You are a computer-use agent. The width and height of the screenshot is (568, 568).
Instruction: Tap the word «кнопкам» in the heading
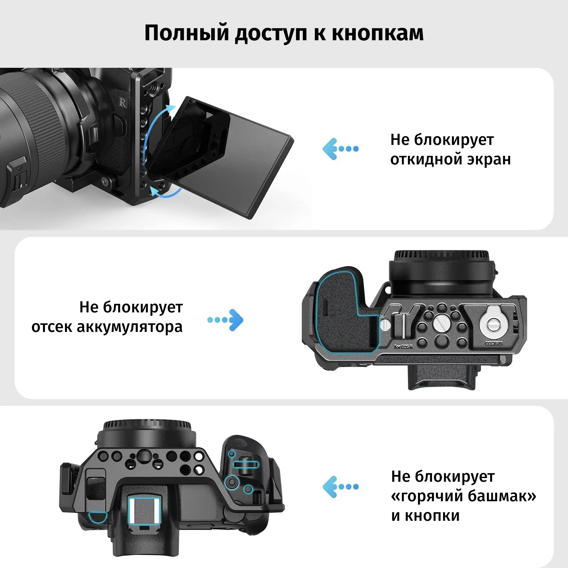378,33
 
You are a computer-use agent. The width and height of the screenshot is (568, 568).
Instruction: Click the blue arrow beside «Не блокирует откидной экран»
340,149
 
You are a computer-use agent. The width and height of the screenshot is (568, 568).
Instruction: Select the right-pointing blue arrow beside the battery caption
225,320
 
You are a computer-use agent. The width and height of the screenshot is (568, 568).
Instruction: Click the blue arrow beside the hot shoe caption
340,487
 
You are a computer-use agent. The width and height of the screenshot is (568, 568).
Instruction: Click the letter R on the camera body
123,103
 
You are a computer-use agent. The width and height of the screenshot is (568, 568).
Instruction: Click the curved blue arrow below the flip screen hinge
166,192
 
